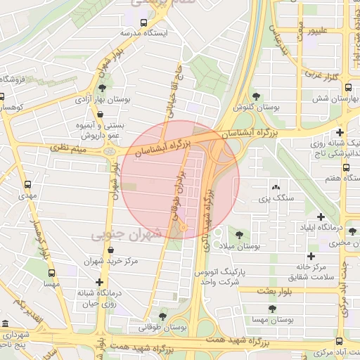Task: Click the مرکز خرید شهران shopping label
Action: pos(126,261)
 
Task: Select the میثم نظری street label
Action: pos(68,148)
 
